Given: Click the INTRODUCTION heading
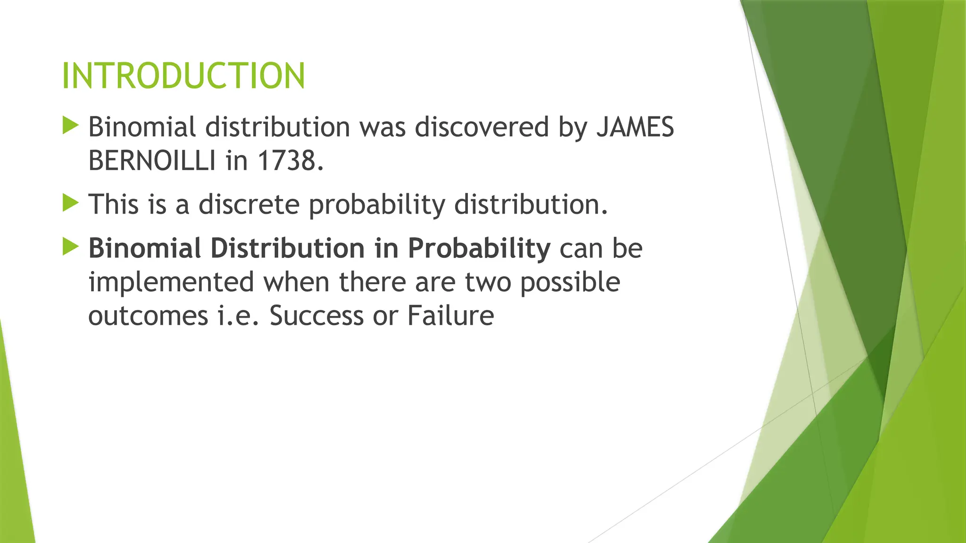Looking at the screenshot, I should [183, 76].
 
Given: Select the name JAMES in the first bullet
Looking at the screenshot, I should [635, 127].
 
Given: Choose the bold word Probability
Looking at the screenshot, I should [479, 248].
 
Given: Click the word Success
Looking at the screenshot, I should [316, 315].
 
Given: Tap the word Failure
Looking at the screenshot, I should [450, 315].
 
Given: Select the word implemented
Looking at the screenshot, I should [171, 282].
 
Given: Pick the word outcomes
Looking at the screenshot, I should [148, 315].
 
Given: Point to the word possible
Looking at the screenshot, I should [570, 282].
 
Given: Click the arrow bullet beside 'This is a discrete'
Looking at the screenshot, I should [70, 203].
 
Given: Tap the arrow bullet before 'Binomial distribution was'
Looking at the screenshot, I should [70, 126].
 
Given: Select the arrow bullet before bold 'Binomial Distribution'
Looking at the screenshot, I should [70, 247].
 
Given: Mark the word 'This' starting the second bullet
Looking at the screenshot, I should [114, 204].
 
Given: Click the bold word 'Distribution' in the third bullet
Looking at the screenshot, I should [287, 248].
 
